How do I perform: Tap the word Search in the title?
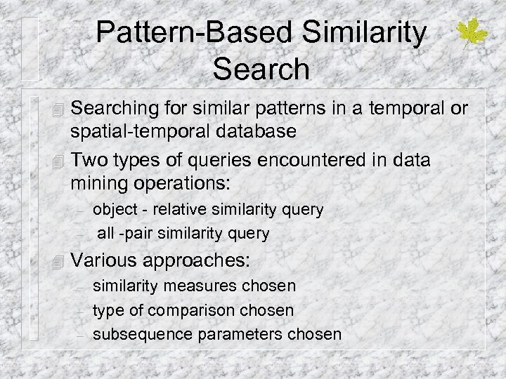pyautogui.click(x=261, y=68)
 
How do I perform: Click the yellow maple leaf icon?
pyautogui.click(x=473, y=33)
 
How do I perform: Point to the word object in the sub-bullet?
pyautogui.click(x=112, y=209)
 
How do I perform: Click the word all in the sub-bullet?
pyautogui.click(x=106, y=232)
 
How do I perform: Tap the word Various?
pyautogui.click(x=105, y=261)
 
